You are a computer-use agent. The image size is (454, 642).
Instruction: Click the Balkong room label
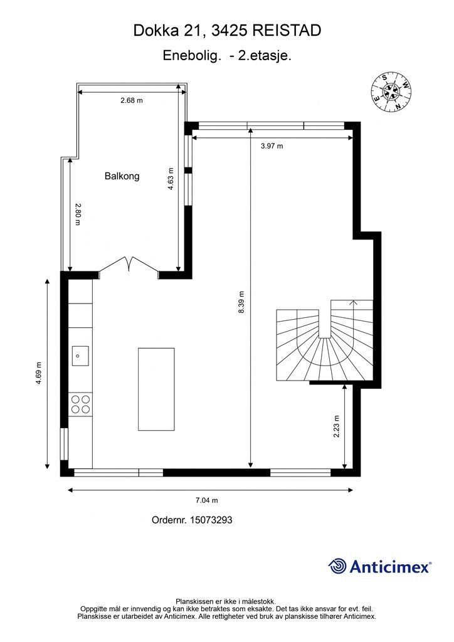122,176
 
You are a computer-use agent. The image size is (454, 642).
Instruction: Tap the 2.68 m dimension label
132,100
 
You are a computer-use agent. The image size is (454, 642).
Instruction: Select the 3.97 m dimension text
272,146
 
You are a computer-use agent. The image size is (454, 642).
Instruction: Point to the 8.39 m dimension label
241,302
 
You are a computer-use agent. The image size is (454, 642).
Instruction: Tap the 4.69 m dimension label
39,373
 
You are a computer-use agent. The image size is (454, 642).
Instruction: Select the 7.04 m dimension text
206,500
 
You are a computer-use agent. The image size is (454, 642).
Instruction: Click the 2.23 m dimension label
337,426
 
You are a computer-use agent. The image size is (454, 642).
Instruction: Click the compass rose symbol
393,92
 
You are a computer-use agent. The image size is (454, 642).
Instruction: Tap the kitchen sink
80,355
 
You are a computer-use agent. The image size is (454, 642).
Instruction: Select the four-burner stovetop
80,404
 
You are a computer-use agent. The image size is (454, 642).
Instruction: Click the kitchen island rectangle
156,389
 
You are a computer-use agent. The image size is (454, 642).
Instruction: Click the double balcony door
129,266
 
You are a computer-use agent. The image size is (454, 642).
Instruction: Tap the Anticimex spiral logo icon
337,566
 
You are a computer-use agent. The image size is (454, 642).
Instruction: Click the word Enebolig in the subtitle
192,56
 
